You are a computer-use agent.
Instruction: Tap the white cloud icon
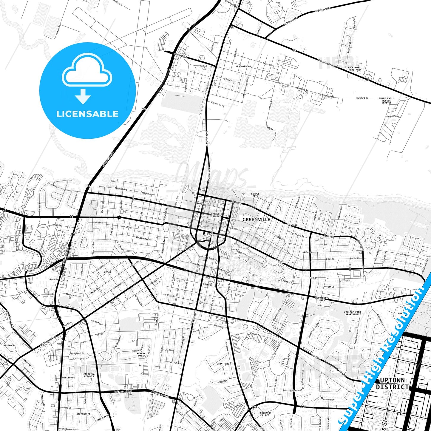tap(87, 72)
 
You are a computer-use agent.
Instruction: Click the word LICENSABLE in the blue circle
tap(87, 114)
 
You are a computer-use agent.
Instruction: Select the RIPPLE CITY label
tap(255, 195)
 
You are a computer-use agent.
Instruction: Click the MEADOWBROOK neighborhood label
tap(243, 67)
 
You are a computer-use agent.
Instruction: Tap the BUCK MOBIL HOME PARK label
tap(355, 69)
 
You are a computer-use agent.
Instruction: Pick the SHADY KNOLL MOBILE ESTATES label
tap(386, 101)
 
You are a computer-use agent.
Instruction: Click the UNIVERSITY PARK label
tap(322, 299)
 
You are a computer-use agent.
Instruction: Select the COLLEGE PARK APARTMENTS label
tap(353, 313)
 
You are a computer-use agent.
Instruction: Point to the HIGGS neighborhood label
tap(107, 272)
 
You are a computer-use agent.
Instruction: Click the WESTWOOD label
tap(9, 345)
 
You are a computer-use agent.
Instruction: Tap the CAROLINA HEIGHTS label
tap(89, 375)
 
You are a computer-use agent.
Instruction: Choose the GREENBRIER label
tap(83, 414)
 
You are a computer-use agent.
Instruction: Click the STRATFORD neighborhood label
tap(223, 364)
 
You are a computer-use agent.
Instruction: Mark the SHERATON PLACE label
tap(265, 414)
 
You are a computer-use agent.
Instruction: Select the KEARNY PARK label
tap(141, 355)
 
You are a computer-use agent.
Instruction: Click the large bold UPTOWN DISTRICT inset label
tap(392, 384)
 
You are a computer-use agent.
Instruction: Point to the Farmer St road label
tap(217, 104)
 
